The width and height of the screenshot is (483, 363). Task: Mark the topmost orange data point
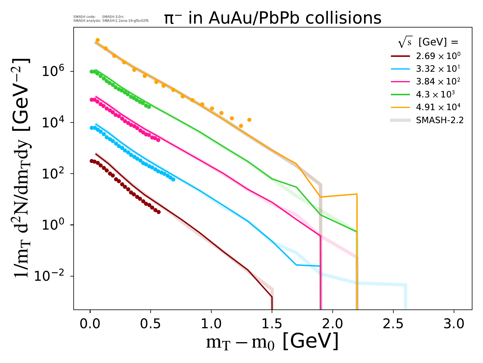coord(98,40)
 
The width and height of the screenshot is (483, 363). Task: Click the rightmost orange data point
coord(249,120)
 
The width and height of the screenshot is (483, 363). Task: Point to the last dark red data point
coord(159,212)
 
